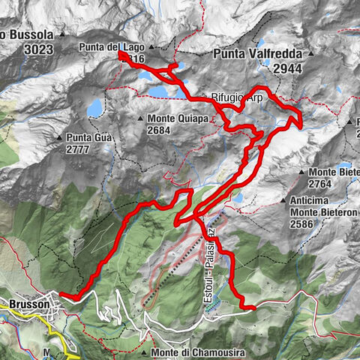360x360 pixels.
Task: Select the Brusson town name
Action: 29,304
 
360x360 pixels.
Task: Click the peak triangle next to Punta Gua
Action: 59,137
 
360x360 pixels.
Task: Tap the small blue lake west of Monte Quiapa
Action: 95,109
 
